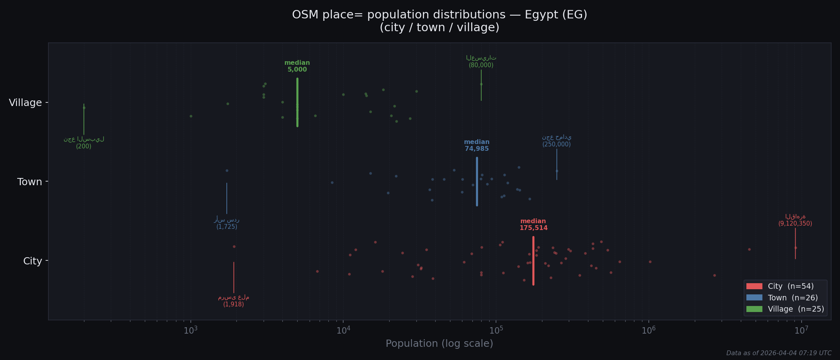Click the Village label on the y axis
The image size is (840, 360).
(x=25, y=103)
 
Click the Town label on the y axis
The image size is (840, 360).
(x=29, y=182)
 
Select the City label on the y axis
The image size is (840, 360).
(x=32, y=261)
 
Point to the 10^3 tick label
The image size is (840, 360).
(x=191, y=330)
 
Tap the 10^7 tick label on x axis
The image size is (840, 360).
(x=801, y=330)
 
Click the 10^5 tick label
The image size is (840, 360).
(x=496, y=330)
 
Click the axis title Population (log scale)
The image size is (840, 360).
(x=439, y=344)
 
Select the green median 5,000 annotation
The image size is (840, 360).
(x=297, y=66)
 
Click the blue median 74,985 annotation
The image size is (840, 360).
(x=476, y=146)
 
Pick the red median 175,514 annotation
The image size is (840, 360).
(x=533, y=225)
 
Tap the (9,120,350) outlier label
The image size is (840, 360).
(x=795, y=224)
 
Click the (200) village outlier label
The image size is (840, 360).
(x=84, y=146)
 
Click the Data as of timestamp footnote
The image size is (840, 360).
(x=778, y=353)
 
